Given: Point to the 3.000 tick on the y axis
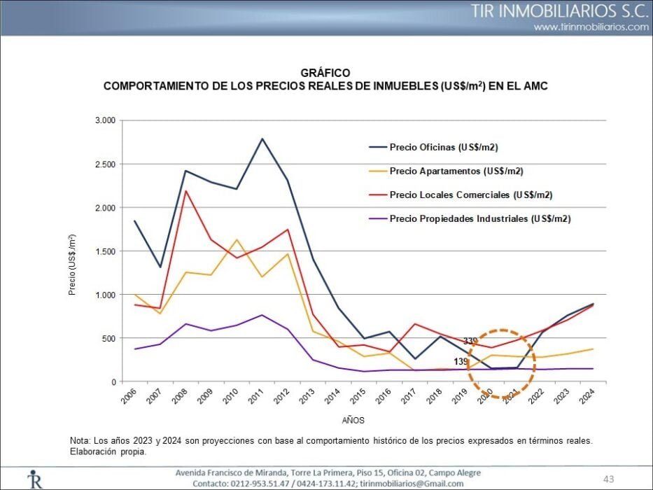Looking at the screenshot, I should point(105,120).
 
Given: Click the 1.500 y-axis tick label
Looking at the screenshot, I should point(105,251).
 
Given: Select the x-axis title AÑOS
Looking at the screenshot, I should point(353,420).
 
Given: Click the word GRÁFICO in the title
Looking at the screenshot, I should point(325,73).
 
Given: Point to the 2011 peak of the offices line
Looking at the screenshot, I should point(262,139).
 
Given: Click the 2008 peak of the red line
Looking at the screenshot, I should point(185,191).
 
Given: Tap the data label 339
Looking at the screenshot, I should point(470,341).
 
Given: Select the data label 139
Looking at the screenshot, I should point(461,361).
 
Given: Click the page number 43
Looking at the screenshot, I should point(608,479).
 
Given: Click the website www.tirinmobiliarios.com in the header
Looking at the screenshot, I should point(591,27).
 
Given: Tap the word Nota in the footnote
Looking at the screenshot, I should point(80,440).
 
